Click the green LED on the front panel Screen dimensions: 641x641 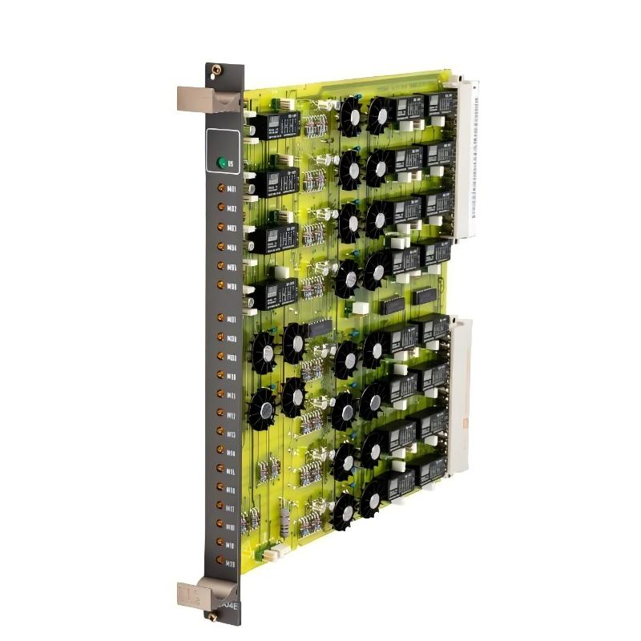coord(221,163)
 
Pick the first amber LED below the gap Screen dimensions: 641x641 coord(221,319)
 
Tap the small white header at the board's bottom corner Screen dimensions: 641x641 coord(273,552)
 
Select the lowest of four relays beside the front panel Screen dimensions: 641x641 coord(273,294)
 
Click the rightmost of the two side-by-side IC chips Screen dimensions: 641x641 coord(424,298)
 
